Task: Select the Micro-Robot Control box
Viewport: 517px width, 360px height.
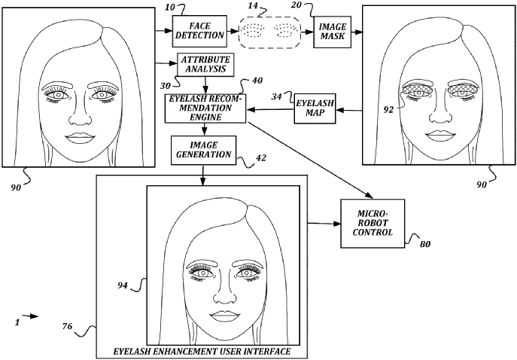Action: coord(373,223)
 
